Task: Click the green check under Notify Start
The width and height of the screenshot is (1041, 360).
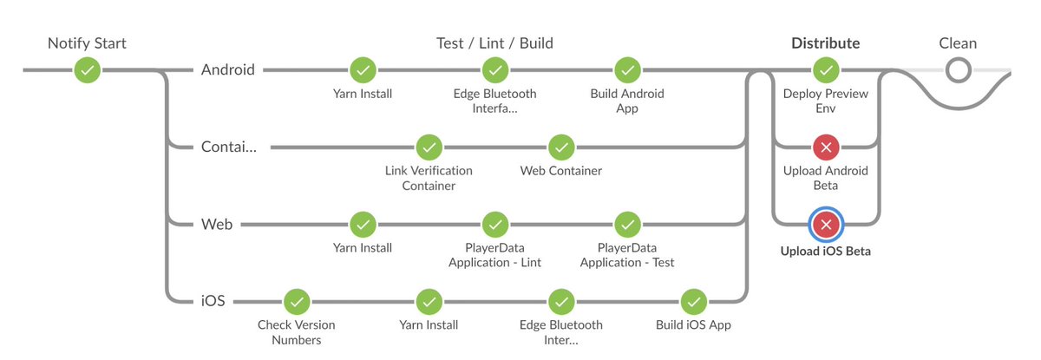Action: click(x=87, y=69)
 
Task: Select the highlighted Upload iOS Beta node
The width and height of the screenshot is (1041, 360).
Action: click(x=826, y=225)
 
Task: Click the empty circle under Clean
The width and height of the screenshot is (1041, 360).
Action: click(x=958, y=69)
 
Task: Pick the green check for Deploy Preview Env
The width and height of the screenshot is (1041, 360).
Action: click(x=826, y=69)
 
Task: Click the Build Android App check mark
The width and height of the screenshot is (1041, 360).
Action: click(x=626, y=69)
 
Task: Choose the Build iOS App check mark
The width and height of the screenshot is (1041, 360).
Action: click(x=693, y=302)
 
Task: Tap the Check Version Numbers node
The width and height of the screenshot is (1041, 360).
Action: click(x=297, y=302)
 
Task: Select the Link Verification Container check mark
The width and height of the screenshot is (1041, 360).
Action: click(x=429, y=147)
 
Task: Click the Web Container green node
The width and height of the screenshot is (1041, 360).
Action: click(x=561, y=147)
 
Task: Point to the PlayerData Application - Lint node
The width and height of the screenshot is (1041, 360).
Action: click(x=494, y=225)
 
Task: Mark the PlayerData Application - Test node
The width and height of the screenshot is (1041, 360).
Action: click(x=626, y=225)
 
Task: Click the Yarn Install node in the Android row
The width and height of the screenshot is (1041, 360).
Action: click(x=363, y=69)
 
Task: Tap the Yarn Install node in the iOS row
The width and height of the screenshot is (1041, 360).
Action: click(x=429, y=302)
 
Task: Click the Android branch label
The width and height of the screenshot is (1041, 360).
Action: click(x=228, y=69)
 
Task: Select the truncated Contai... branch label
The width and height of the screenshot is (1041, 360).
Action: click(x=228, y=147)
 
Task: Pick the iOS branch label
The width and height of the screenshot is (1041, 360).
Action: click(x=213, y=302)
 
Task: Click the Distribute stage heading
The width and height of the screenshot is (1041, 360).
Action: click(x=826, y=43)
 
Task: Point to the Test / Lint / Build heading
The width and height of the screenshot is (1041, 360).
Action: click(x=494, y=43)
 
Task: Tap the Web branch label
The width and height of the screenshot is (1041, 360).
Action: click(x=217, y=225)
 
